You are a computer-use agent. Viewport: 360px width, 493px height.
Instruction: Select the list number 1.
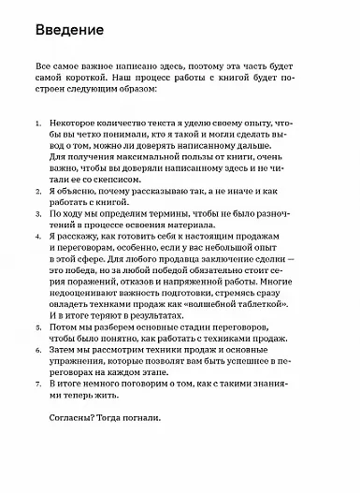point(36,123)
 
